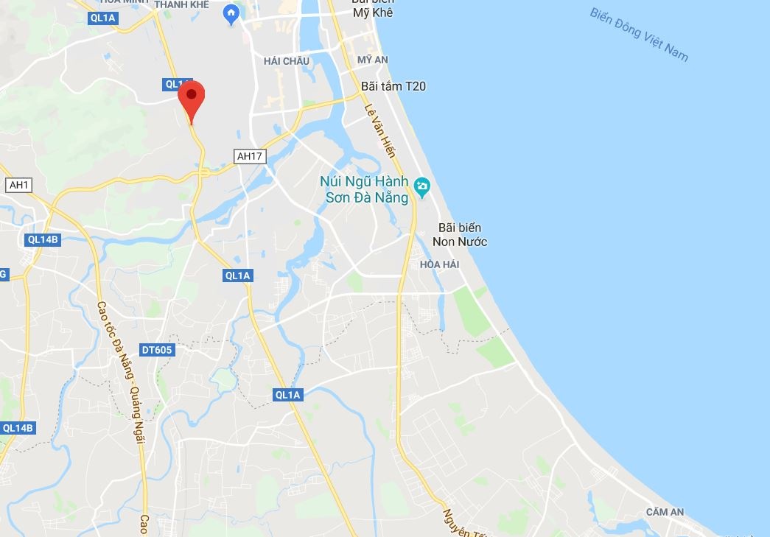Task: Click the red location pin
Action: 191,99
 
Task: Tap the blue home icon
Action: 231,13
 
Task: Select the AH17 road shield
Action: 249,155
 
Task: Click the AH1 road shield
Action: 18,185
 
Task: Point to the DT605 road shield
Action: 157,350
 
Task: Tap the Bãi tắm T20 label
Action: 393,86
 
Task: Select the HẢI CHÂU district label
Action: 287,61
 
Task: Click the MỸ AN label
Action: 372,59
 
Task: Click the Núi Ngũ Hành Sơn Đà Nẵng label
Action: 364,189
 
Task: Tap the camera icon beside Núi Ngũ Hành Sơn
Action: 422,187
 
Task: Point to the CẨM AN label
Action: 665,512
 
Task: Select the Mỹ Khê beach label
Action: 372,12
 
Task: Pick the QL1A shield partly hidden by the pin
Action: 174,85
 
